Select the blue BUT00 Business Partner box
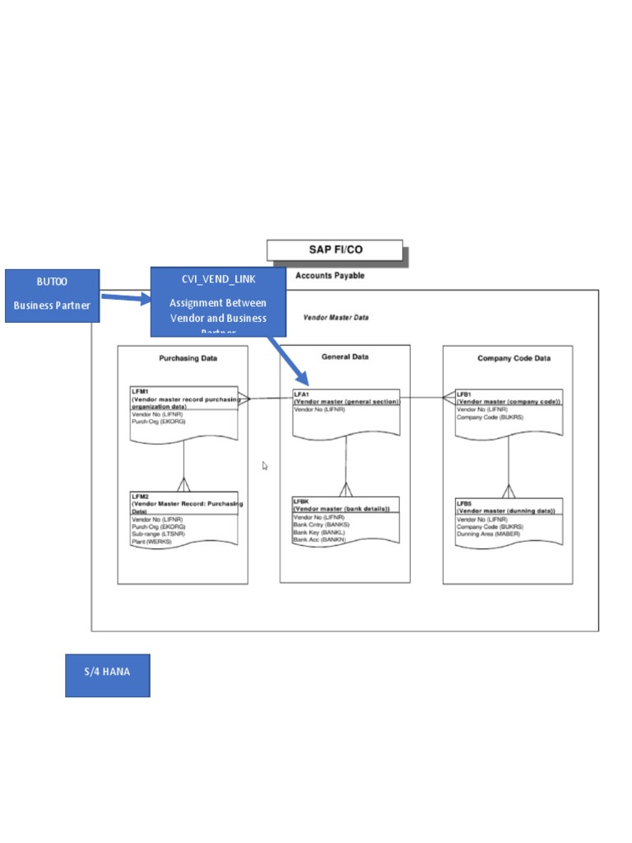pyautogui.click(x=52, y=295)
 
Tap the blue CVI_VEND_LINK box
pyautogui.click(x=218, y=301)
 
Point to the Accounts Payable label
pyautogui.click(x=330, y=276)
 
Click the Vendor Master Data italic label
pyautogui.click(x=336, y=317)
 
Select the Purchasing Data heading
pyautogui.click(x=188, y=358)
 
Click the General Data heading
pyautogui.click(x=345, y=357)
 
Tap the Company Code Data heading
pyautogui.click(x=513, y=358)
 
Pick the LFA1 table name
pyautogui.click(x=302, y=394)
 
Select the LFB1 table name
pyautogui.click(x=465, y=394)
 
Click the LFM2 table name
pyautogui.click(x=140, y=497)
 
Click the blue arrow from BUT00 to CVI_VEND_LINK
pyautogui.click(x=126, y=298)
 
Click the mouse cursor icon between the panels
pyautogui.click(x=265, y=466)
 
